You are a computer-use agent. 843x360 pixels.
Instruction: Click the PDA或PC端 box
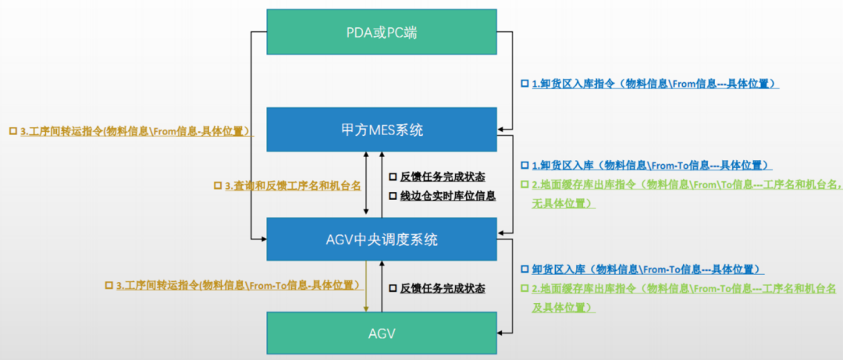pos(382,32)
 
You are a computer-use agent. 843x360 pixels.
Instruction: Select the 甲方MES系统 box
pos(382,130)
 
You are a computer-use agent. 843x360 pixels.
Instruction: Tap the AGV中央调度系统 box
pos(382,239)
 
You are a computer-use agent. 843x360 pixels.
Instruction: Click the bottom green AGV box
pos(382,333)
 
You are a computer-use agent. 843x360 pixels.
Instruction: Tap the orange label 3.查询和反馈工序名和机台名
pos(293,186)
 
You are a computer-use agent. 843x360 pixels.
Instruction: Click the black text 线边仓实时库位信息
pos(448,196)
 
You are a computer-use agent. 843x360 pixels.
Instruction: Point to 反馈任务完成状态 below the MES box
pos(443,176)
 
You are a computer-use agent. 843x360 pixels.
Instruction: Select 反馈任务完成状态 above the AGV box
pos(443,288)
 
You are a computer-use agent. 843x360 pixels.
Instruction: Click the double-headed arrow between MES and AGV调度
pos(367,184)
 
